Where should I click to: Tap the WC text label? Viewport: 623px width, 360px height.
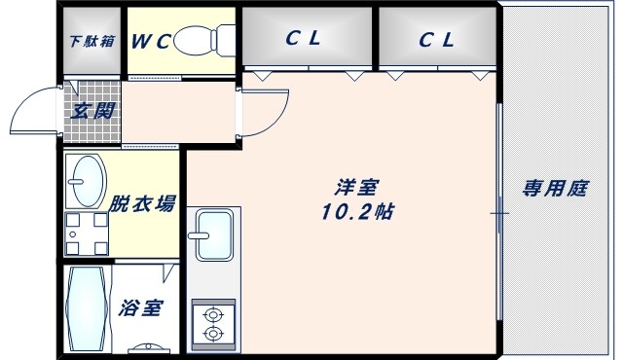click(x=152, y=42)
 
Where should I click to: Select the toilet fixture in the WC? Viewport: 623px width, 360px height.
click(x=208, y=41)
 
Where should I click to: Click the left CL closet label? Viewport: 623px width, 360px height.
click(x=305, y=40)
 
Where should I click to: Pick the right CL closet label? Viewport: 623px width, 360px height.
click(x=437, y=40)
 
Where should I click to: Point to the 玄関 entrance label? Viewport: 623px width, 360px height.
click(x=93, y=110)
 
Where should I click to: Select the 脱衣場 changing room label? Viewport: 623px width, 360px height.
click(x=142, y=203)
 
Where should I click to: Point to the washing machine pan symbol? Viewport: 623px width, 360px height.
click(x=86, y=233)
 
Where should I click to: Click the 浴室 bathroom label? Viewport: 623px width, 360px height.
click(x=141, y=308)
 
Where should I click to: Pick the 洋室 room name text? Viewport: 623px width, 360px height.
click(x=358, y=188)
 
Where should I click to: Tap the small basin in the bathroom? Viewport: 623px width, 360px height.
click(x=148, y=347)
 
